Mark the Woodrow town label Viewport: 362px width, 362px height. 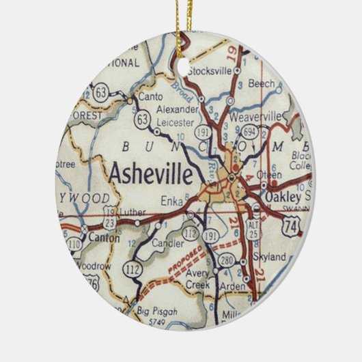pos(93,265)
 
